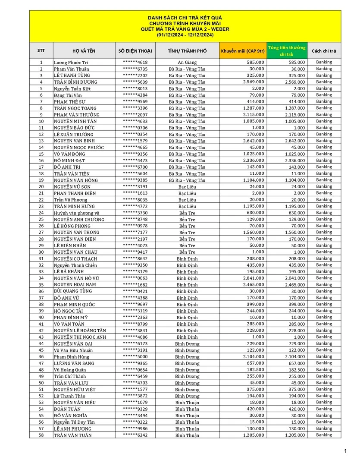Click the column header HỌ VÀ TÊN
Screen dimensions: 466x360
point(84,51)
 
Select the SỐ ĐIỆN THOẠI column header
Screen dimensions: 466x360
point(135,51)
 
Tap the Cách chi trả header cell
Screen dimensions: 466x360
point(324,51)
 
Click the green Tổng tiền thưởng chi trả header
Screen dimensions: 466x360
point(286,51)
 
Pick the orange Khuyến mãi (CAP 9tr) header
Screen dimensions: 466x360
point(242,51)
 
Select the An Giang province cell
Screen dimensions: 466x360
point(187,62)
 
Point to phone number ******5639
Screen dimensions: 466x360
point(135,82)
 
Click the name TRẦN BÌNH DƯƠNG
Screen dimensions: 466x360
point(75,82)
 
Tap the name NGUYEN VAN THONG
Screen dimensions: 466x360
point(76,232)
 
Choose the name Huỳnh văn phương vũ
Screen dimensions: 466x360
point(77,213)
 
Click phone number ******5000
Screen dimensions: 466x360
point(135,357)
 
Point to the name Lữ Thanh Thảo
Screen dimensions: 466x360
point(69,396)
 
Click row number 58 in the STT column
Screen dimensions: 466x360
point(41,435)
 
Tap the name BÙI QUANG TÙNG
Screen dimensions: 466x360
point(73,291)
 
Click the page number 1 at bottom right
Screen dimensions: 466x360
point(345,451)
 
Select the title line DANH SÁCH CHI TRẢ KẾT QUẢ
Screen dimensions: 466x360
point(185,18)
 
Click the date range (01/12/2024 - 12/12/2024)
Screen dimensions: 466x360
point(185,35)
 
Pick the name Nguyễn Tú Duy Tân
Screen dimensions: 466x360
point(74,422)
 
